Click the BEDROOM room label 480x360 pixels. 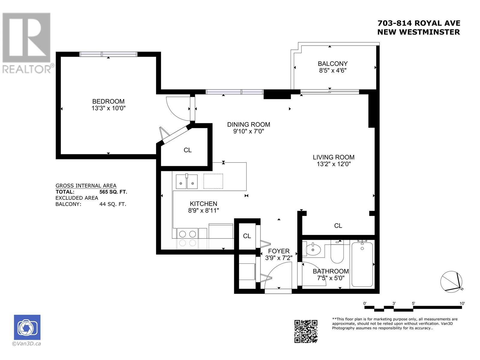pos(108,101)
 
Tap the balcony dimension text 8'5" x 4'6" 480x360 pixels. pos(333,70)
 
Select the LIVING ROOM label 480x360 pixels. pos(334,157)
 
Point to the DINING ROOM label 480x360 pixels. pos(249,124)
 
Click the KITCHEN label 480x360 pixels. pos(203,204)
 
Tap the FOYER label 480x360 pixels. pos(279,251)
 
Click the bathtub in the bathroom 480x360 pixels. pos(362,264)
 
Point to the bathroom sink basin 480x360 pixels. pos(313,249)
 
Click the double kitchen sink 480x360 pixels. pos(187,181)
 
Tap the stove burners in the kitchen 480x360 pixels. pos(187,234)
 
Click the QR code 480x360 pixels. pos(306,331)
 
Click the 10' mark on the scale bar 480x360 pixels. pos(462,303)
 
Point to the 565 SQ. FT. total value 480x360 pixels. pos(113,192)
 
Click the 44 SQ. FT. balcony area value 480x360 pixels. pos(112,204)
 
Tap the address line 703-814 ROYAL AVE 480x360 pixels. pos(419,23)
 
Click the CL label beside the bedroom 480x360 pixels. pos(187,150)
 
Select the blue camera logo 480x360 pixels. pos(27,327)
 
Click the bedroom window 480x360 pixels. pos(108,54)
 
